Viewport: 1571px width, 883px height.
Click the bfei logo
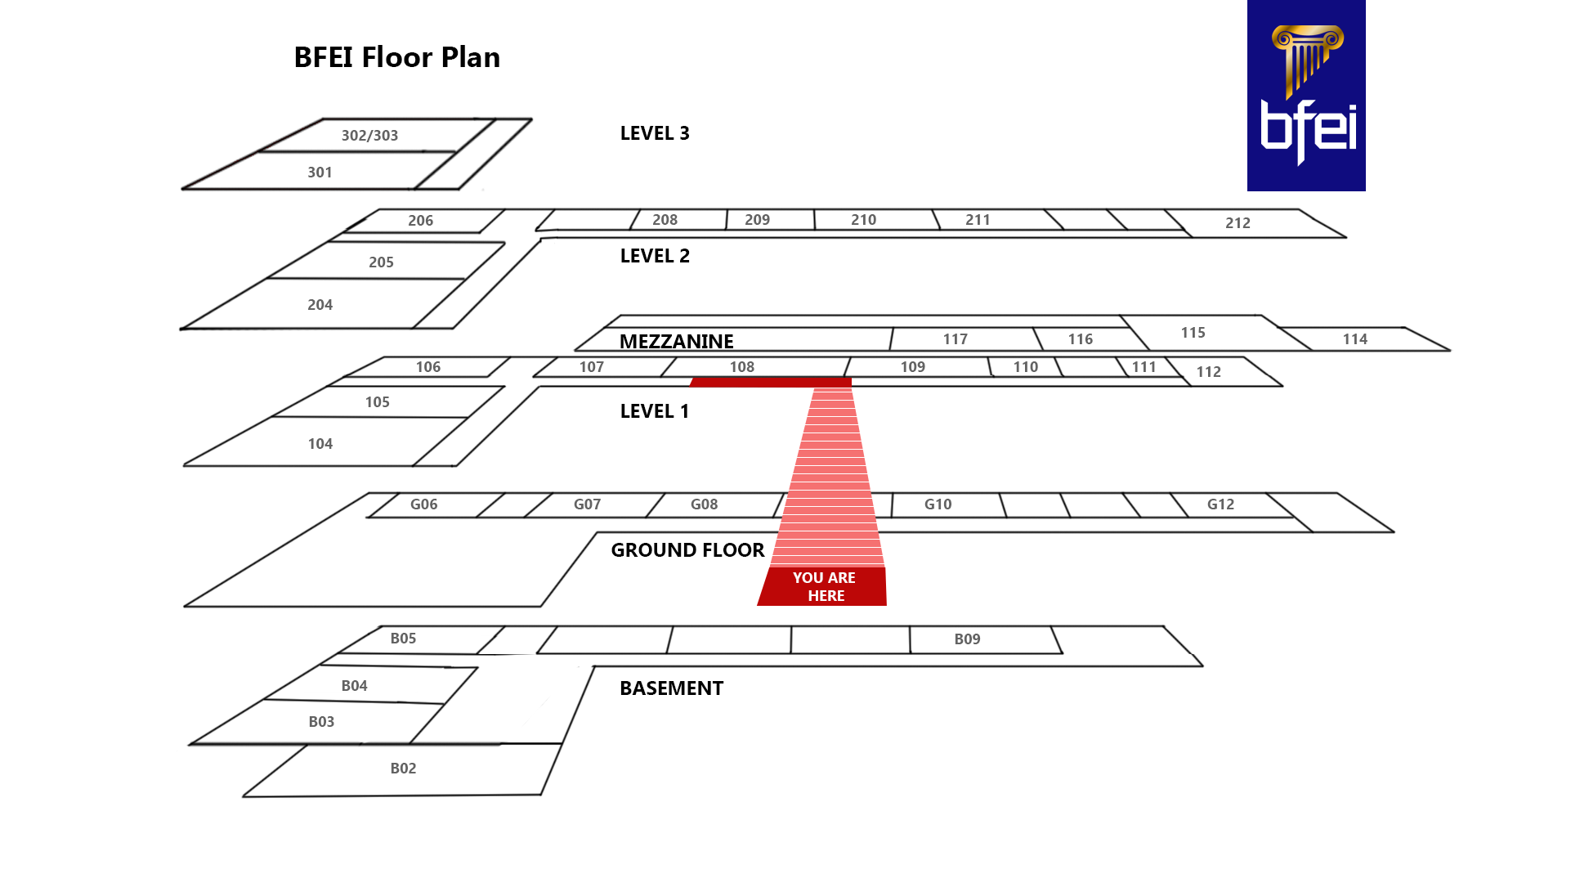coord(1305,96)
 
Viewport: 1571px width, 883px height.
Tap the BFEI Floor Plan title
coord(396,57)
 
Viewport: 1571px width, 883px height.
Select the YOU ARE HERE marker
coord(823,586)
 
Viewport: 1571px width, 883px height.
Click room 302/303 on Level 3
coord(369,136)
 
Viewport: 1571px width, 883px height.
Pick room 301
coord(320,173)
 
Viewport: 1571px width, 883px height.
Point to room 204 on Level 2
coord(320,305)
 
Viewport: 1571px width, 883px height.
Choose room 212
coord(1238,223)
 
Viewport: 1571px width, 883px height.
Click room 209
coord(757,220)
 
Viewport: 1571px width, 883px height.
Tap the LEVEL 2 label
coord(655,256)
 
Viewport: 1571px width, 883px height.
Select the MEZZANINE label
coord(676,341)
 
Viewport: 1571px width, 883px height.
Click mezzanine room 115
coord(1193,333)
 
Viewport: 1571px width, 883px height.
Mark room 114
coord(1354,339)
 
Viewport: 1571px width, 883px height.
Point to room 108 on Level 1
coord(741,367)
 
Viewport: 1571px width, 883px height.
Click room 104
coord(320,444)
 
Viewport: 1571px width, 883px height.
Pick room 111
coord(1144,367)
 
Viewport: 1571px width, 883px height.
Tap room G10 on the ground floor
coord(938,504)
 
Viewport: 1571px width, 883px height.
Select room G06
coord(423,504)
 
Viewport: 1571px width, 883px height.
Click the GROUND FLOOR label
coord(687,550)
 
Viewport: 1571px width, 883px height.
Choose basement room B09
coord(967,639)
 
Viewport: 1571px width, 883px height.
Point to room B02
coord(403,769)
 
